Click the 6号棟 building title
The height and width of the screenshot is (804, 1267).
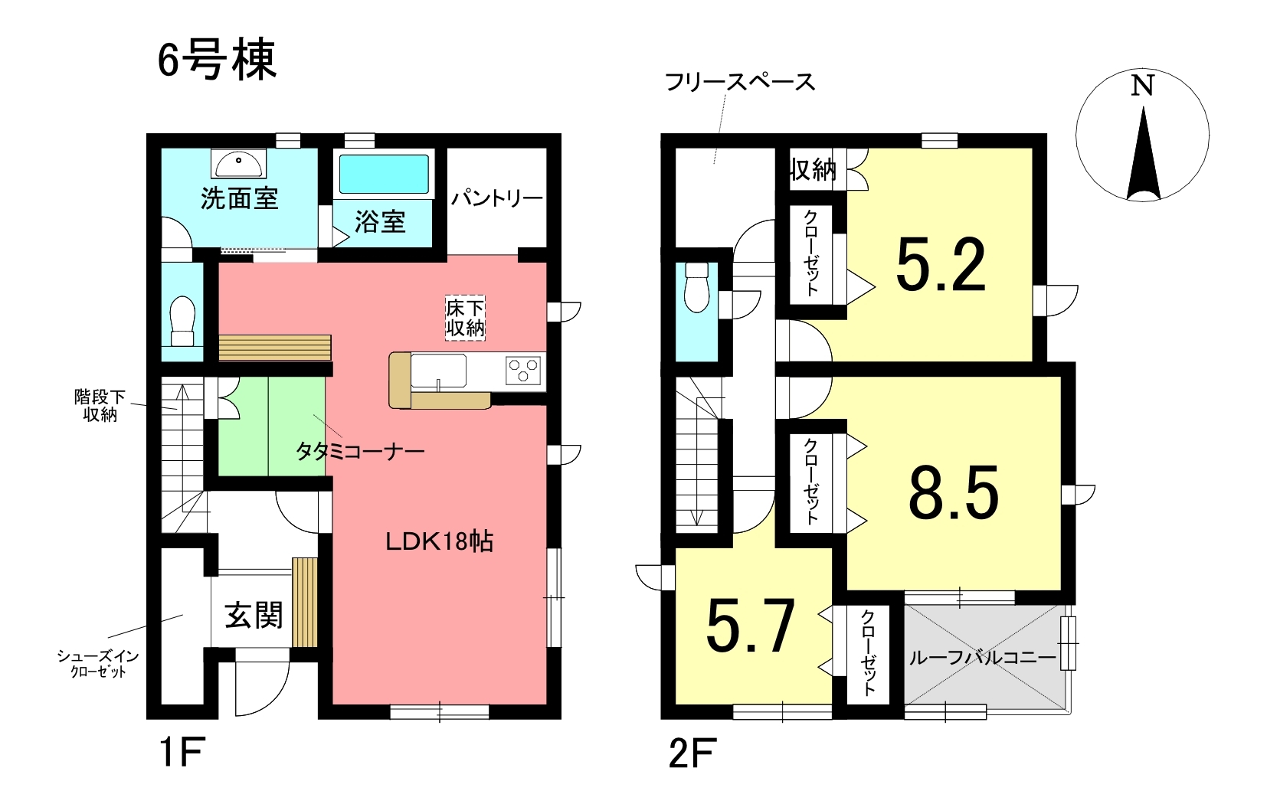(217, 60)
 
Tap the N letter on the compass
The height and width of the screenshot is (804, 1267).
(1142, 86)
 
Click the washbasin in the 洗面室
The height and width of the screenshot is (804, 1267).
(239, 163)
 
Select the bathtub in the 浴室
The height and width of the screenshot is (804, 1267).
(384, 174)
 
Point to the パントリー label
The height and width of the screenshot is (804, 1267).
(496, 198)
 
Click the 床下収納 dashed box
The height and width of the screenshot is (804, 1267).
(465, 318)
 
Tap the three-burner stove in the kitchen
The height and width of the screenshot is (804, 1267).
(522, 371)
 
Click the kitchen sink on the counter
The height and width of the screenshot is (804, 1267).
(438, 371)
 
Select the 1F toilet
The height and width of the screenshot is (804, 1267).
(182, 321)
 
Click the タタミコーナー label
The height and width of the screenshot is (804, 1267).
(360, 452)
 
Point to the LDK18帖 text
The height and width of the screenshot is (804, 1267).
(440, 542)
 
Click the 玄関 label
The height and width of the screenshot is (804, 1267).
(254, 615)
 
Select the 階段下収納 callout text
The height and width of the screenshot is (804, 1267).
(100, 405)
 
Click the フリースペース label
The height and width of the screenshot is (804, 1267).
(740, 83)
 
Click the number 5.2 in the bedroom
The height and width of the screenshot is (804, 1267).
(941, 265)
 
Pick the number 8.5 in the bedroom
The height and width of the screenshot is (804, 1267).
(954, 492)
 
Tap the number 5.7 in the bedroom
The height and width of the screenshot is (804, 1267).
(751, 626)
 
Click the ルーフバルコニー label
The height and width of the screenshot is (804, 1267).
(983, 658)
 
